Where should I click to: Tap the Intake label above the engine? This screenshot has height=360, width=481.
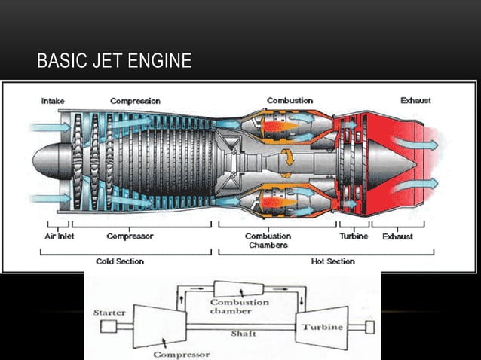[x=52, y=101]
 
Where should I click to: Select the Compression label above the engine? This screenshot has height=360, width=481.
[x=135, y=101]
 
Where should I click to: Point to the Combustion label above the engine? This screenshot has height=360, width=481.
[x=290, y=101]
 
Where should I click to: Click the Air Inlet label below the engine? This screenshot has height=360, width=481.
[x=57, y=236]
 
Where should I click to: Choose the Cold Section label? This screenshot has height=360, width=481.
[x=120, y=261]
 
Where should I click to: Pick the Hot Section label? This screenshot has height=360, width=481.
[x=332, y=261]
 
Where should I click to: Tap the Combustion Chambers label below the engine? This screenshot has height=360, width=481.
[x=268, y=240]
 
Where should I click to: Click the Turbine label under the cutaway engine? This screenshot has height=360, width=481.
[x=353, y=236]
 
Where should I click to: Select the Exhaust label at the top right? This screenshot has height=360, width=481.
[x=415, y=101]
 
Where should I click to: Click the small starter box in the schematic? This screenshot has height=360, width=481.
[x=109, y=326]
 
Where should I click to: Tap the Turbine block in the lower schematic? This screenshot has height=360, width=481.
[x=322, y=327]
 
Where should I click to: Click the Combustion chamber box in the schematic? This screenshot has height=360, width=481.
[x=238, y=288]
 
